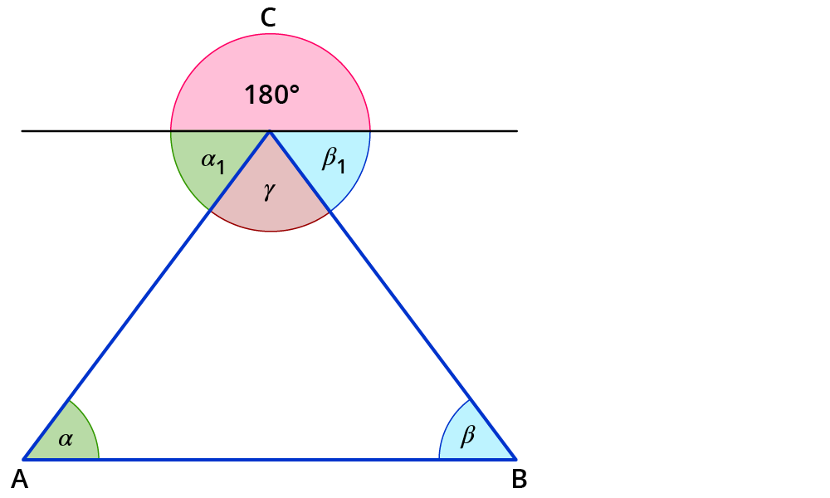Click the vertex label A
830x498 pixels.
click(x=19, y=479)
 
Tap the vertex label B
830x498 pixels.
click(x=519, y=479)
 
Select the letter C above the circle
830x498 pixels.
click(x=268, y=18)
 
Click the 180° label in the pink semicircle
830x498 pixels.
click(x=271, y=95)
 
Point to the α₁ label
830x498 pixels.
click(x=212, y=161)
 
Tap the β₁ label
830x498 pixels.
click(x=333, y=160)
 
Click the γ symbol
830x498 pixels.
click(x=268, y=192)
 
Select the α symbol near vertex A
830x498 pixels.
click(x=65, y=439)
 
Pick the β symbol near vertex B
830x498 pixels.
click(x=467, y=435)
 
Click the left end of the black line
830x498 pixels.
click(x=23, y=131)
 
